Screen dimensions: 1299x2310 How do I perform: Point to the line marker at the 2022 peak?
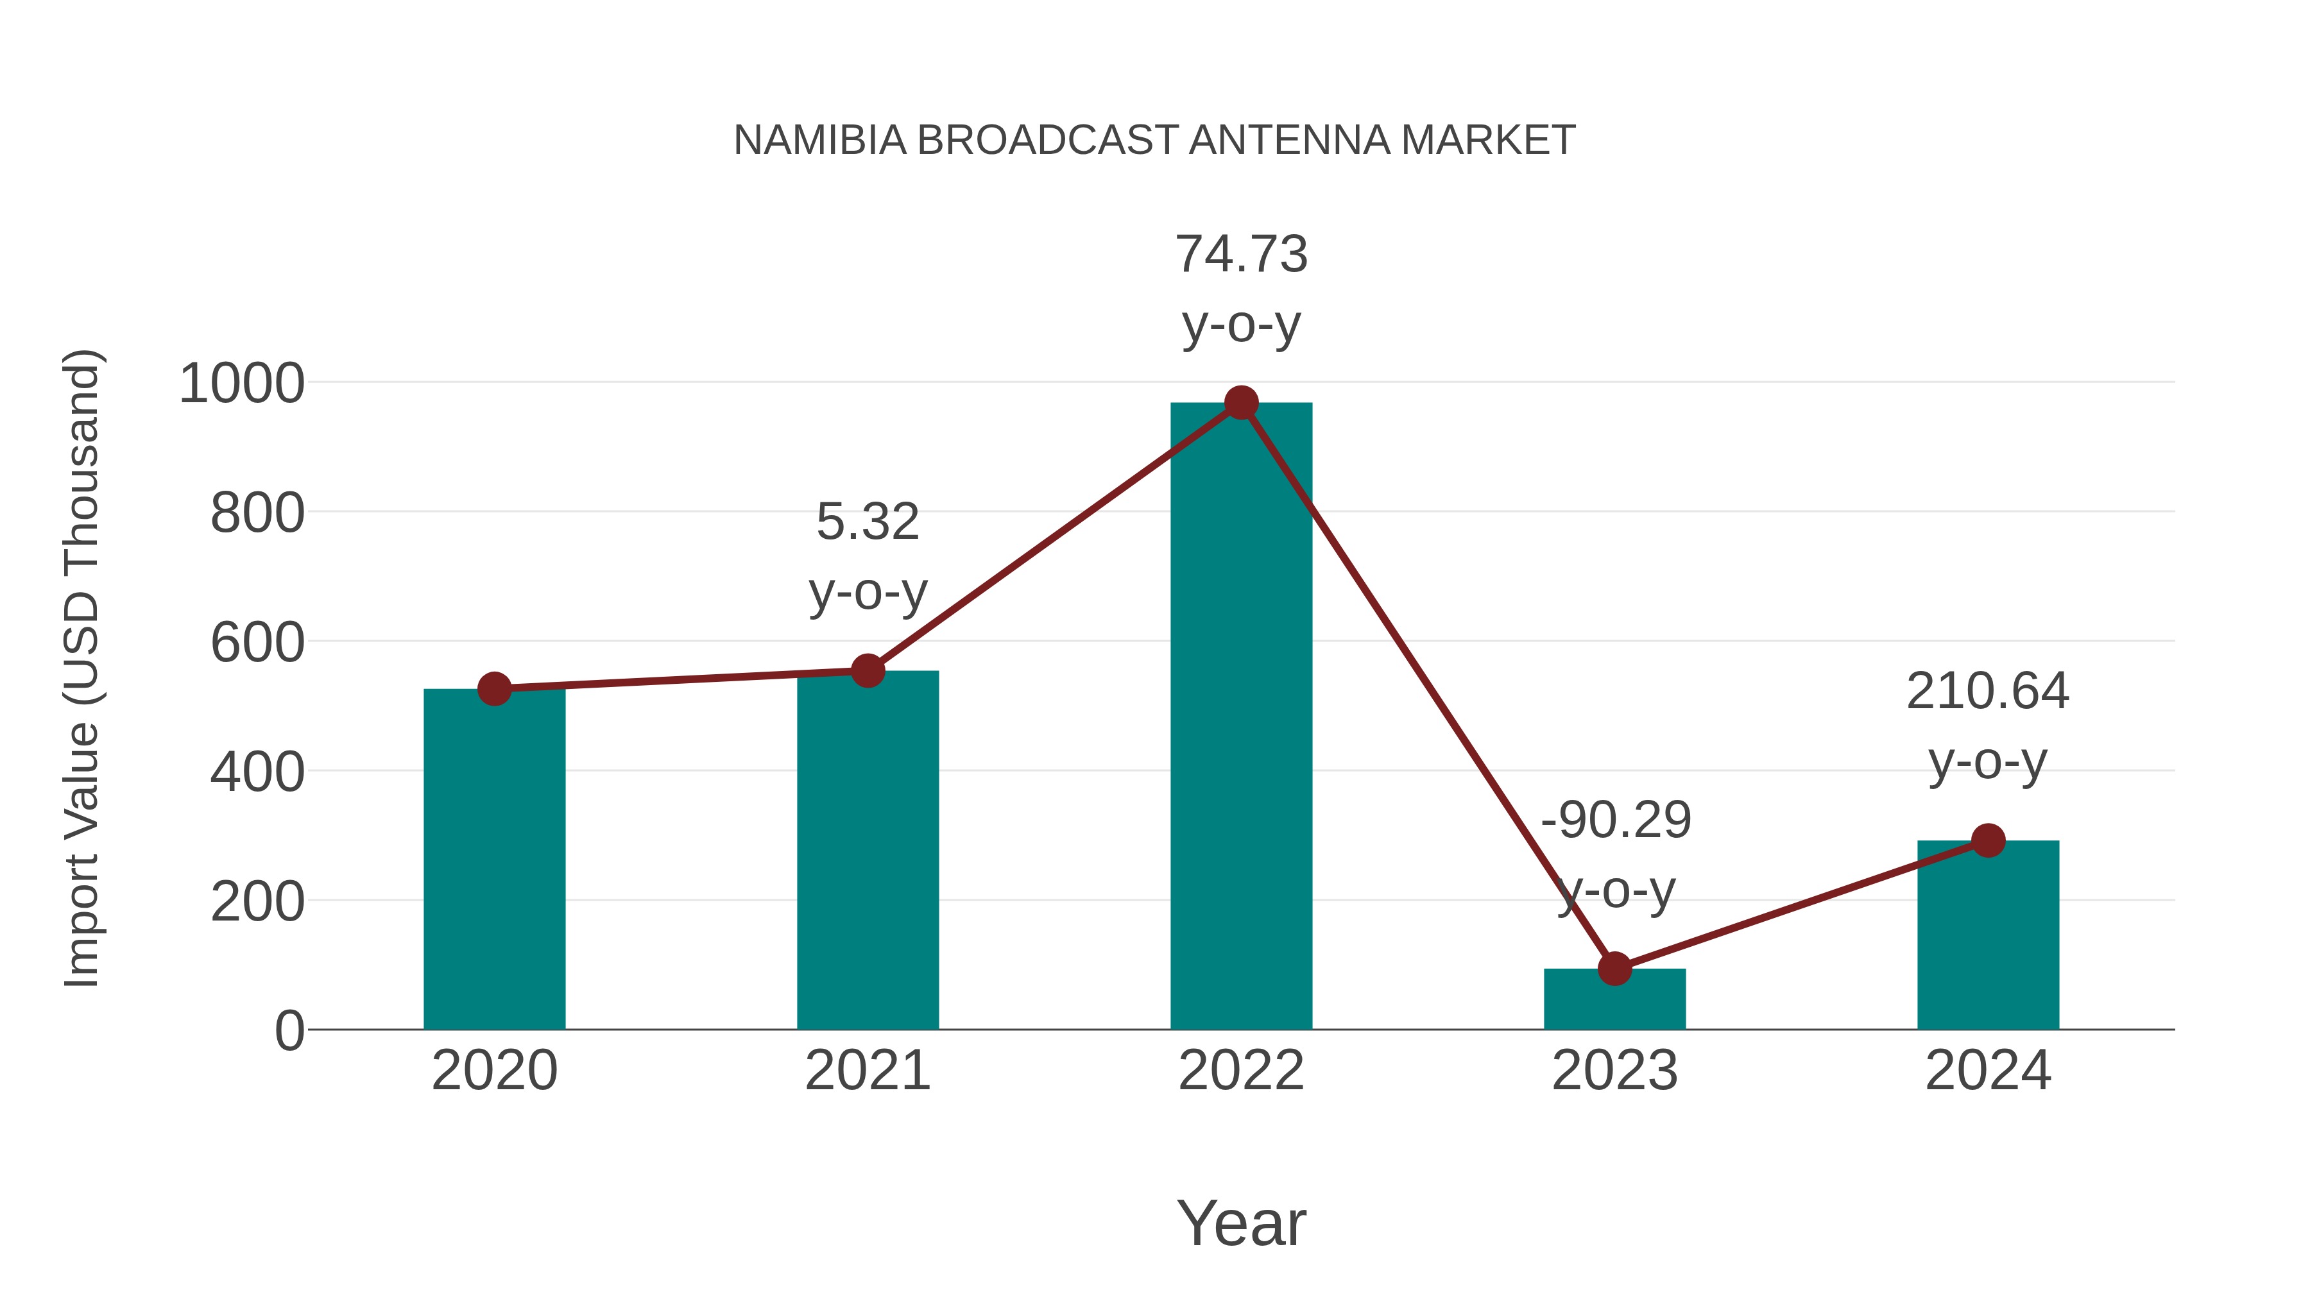pyautogui.click(x=1241, y=402)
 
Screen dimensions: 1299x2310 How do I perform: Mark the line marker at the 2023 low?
pyautogui.click(x=1614, y=968)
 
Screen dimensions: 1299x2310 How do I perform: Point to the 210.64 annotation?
pyautogui.click(x=1987, y=691)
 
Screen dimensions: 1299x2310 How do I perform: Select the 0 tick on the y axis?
pyautogui.click(x=289, y=1031)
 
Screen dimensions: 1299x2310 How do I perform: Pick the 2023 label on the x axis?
pyautogui.click(x=1614, y=1071)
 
